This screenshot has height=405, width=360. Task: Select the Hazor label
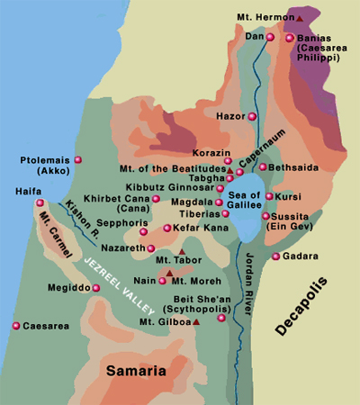[x=230, y=116]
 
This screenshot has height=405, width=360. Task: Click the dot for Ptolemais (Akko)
[x=78, y=160]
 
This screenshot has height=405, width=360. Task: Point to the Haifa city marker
[x=40, y=203]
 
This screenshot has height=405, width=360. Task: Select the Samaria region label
[x=137, y=370]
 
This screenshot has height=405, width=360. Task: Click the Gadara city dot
[x=275, y=256]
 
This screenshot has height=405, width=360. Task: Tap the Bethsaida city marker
[x=263, y=166]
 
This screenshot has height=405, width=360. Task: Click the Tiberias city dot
[x=225, y=214]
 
